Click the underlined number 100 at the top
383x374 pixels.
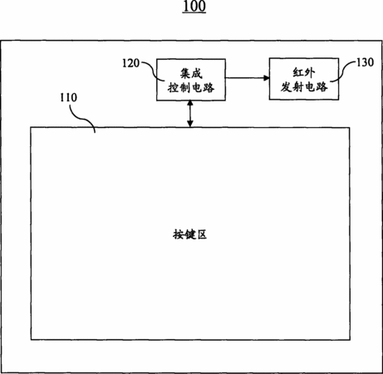tap(194, 7)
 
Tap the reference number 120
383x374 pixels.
tap(130, 63)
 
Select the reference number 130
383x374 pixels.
tap(365, 62)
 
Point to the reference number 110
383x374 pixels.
tap(69, 97)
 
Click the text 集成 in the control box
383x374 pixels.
tap(191, 74)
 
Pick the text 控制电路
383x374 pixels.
tap(191, 88)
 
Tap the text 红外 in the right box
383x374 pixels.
tap(304, 72)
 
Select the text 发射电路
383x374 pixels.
tap(304, 87)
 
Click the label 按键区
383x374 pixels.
tap(189, 234)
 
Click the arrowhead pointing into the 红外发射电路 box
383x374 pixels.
tap(266, 78)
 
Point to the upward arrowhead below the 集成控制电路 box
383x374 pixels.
tap(190, 104)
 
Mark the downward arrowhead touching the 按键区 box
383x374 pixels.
tap(190, 124)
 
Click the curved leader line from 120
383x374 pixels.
tap(153, 71)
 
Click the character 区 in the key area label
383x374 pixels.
tap(202, 234)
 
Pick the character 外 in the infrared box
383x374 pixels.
tap(310, 72)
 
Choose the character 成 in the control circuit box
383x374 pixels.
tap(197, 74)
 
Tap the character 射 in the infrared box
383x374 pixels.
tap(298, 87)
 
